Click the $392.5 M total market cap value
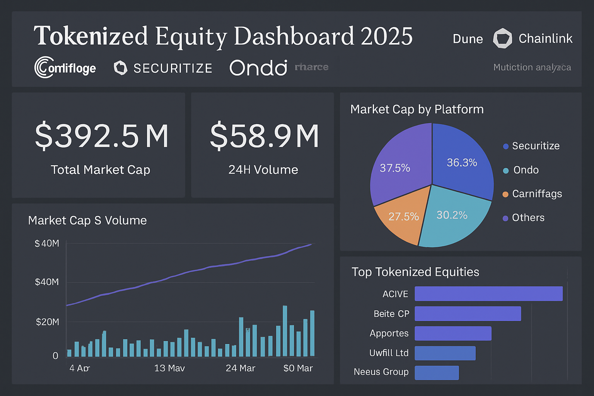click(102, 136)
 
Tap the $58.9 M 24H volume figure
click(264, 136)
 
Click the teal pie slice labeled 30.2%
click(452, 218)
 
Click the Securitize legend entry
click(535, 146)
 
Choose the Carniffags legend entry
click(536, 194)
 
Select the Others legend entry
click(528, 218)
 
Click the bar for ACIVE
click(488, 294)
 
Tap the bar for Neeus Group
click(437, 373)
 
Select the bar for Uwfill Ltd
click(445, 353)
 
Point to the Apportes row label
click(389, 333)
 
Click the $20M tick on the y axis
click(47, 322)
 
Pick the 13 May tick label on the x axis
click(169, 368)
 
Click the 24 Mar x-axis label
click(240, 368)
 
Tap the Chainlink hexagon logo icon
click(502, 38)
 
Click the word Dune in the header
click(468, 39)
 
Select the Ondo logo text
click(258, 68)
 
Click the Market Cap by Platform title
click(416, 109)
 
